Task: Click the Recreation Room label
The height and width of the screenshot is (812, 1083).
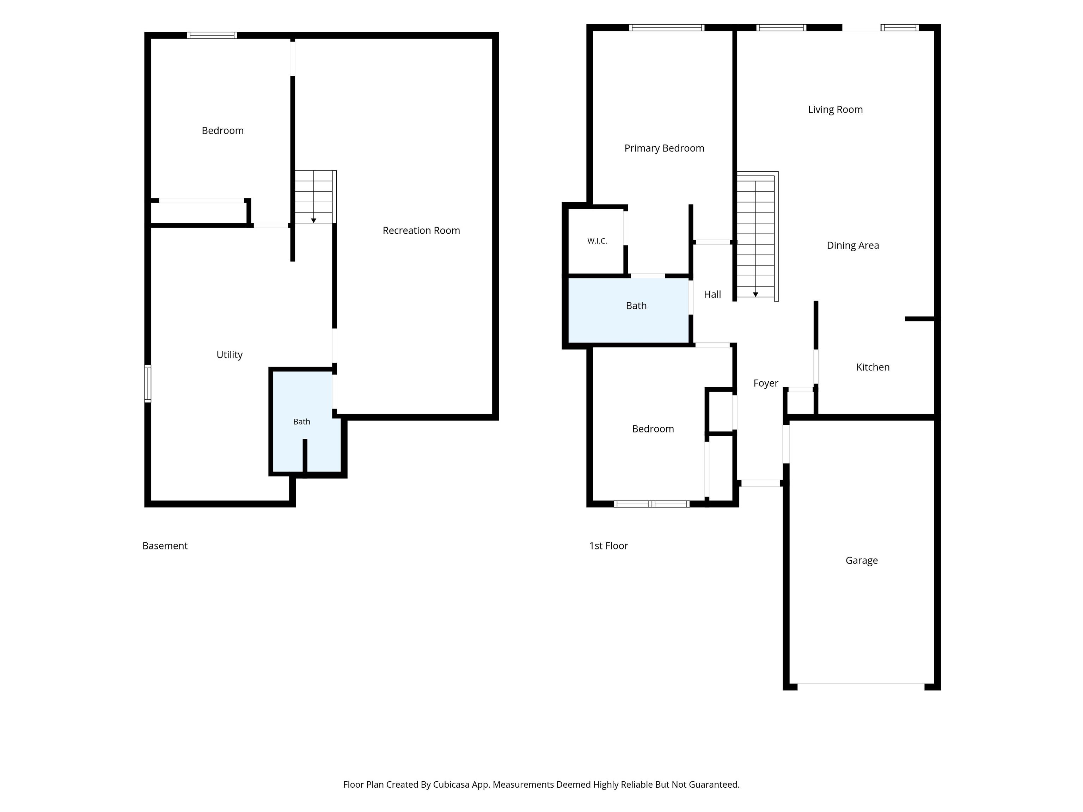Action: pyautogui.click(x=421, y=230)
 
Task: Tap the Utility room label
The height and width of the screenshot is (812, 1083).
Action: pyautogui.click(x=230, y=355)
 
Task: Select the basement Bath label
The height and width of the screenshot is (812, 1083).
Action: pyautogui.click(x=301, y=422)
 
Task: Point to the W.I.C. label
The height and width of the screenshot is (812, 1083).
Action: pyautogui.click(x=597, y=241)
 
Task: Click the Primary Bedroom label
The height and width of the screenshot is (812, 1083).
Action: pyautogui.click(x=665, y=148)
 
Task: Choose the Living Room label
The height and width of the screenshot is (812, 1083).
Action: pyautogui.click(x=835, y=110)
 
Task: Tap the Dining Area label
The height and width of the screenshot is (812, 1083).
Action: pyautogui.click(x=853, y=246)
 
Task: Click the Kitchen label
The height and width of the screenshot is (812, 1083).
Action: pyautogui.click(x=873, y=367)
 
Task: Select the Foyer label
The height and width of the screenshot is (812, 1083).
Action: pyautogui.click(x=766, y=383)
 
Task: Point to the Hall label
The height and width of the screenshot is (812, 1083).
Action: pyautogui.click(x=712, y=294)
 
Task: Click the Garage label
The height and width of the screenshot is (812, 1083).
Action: pyautogui.click(x=862, y=560)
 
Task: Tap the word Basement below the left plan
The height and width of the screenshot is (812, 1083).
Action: pyautogui.click(x=165, y=546)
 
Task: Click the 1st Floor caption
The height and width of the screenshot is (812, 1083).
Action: pyautogui.click(x=608, y=546)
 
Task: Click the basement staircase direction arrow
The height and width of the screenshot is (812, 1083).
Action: pyautogui.click(x=314, y=220)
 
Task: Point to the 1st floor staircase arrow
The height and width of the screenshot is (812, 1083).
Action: pyautogui.click(x=755, y=294)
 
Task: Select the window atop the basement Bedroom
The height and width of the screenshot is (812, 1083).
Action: pyautogui.click(x=212, y=35)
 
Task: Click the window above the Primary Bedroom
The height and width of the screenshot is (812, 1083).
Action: pyautogui.click(x=667, y=27)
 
